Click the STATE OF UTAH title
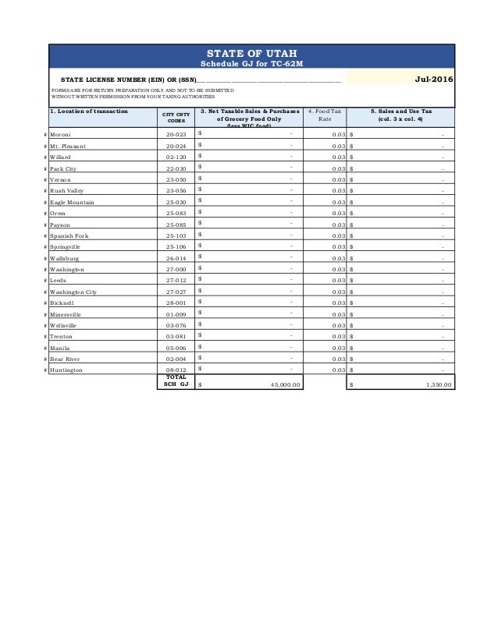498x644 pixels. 252,53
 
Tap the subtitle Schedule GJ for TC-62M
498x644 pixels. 252,63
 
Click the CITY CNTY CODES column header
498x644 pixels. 176,117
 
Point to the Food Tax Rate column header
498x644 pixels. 324,115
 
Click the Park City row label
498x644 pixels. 66,168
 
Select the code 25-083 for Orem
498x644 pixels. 176,213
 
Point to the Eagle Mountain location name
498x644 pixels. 75,202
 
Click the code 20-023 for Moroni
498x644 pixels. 176,135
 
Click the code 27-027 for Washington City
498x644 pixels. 176,292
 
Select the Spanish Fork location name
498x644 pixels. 72,235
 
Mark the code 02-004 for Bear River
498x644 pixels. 176,359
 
